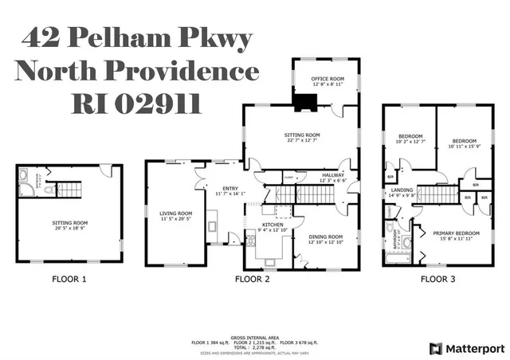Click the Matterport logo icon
click(x=434, y=348)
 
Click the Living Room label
click(x=175, y=213)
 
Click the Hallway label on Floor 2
click(x=333, y=175)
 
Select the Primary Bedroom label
click(x=453, y=233)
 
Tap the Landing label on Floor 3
click(x=402, y=190)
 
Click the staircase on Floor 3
click(x=436, y=195)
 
